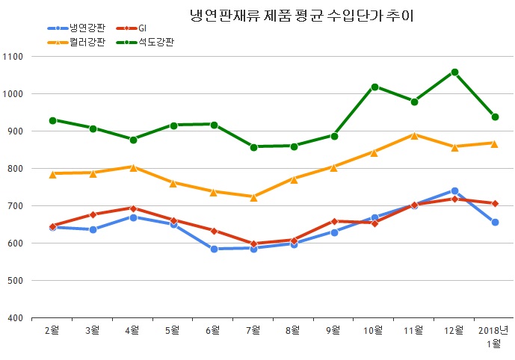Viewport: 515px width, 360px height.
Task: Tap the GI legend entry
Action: [143, 28]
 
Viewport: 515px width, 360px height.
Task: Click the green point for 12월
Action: [454, 72]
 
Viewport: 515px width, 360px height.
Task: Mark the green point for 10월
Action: [374, 87]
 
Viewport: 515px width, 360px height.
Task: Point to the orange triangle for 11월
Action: [414, 135]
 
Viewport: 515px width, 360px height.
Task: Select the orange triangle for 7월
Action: [254, 197]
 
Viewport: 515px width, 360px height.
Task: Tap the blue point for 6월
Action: [214, 249]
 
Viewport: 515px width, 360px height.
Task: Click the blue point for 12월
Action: [454, 191]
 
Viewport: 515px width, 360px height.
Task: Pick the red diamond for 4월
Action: [133, 208]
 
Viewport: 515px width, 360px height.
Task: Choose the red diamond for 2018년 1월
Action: [495, 203]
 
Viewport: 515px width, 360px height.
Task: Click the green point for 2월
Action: [52, 120]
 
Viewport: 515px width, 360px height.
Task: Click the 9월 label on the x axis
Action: [334, 329]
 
